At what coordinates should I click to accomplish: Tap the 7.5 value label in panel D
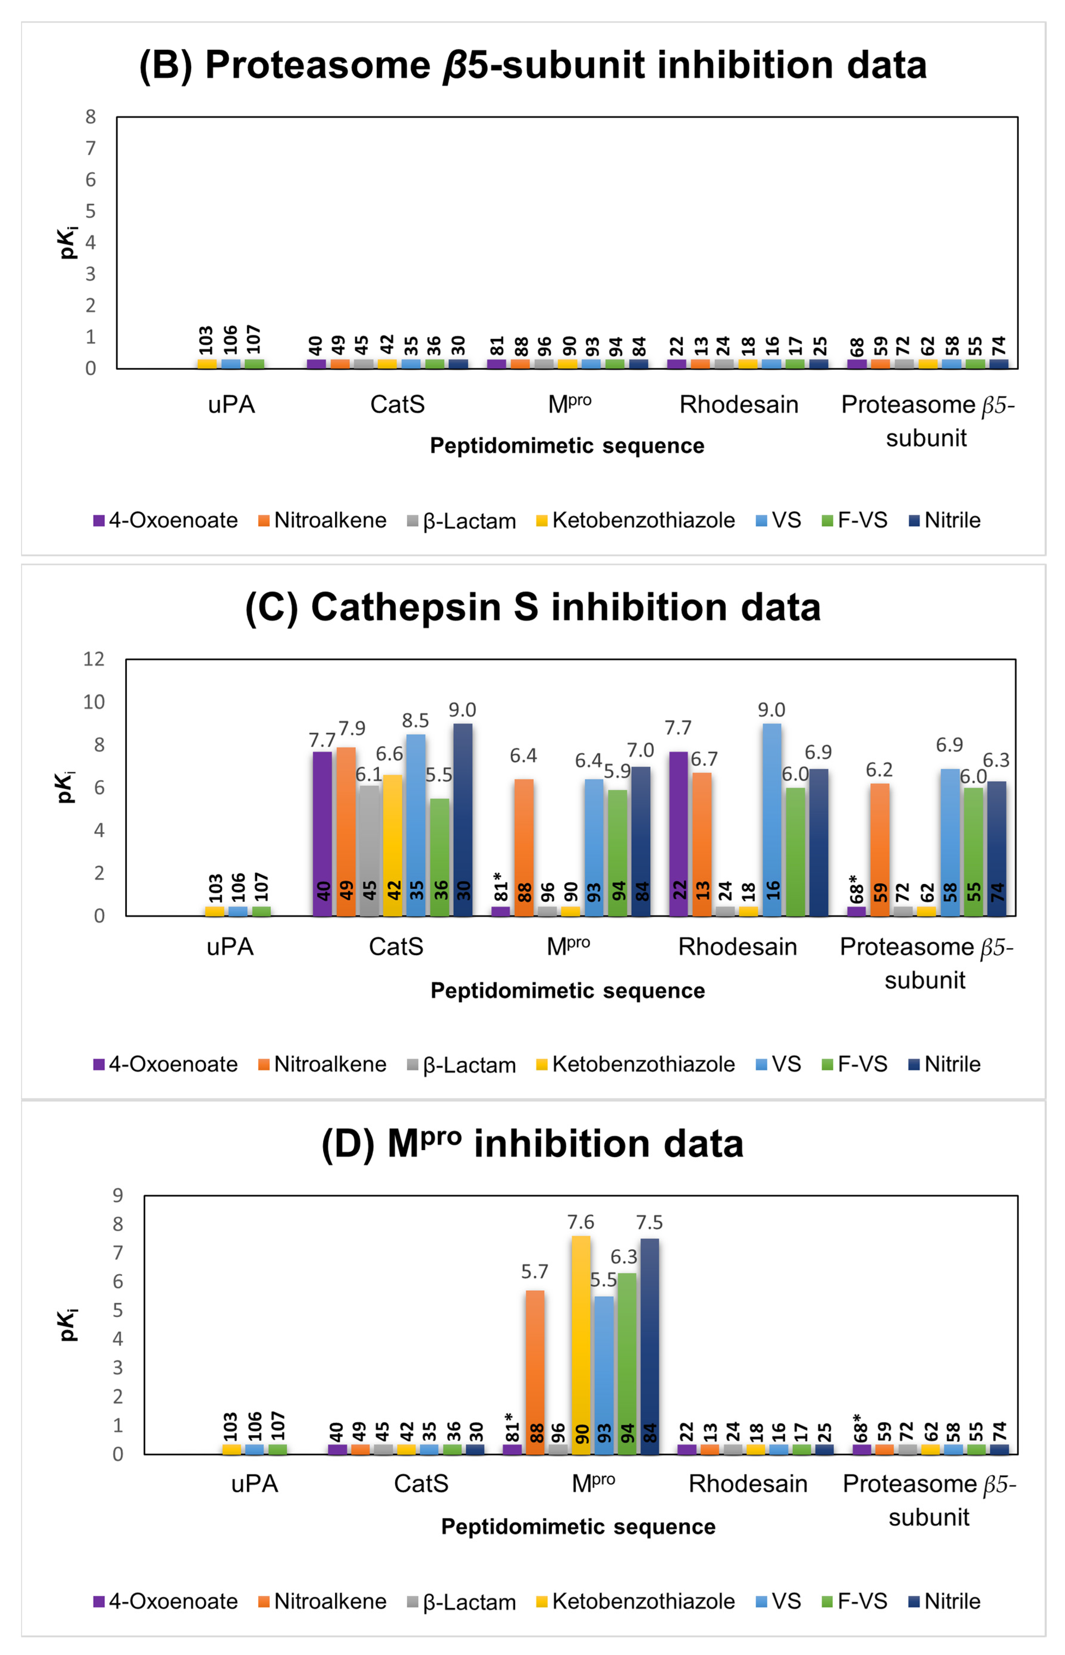tap(649, 1222)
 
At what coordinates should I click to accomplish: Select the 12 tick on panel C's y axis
tap(94, 659)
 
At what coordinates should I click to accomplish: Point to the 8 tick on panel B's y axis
tap(91, 117)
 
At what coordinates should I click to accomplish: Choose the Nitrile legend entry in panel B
tap(945, 520)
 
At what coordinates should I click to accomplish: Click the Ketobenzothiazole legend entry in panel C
tap(635, 1064)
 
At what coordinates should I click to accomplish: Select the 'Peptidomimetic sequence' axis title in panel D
tap(578, 1526)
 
